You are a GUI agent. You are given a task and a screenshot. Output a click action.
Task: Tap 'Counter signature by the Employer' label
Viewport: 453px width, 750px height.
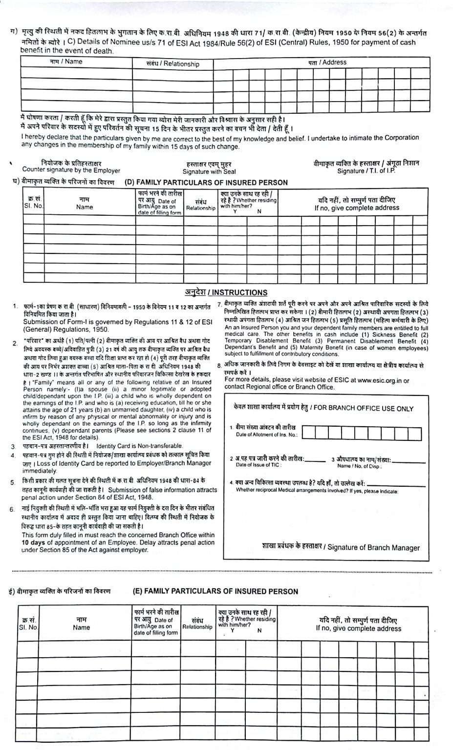[71, 170]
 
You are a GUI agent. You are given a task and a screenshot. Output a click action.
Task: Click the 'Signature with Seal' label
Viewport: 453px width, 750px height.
[209, 171]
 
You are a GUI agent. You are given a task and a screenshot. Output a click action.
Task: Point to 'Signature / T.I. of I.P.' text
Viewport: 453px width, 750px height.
[366, 171]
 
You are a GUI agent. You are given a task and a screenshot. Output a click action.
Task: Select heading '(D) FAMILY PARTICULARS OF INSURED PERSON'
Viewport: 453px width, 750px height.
[206, 183]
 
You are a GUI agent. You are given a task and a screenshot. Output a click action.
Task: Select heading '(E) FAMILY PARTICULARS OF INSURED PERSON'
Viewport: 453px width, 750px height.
[215, 591]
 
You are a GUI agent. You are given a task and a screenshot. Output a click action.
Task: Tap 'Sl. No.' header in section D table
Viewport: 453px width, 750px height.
[34, 206]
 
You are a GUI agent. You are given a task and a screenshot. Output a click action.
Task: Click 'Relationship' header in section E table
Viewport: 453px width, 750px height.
[197, 627]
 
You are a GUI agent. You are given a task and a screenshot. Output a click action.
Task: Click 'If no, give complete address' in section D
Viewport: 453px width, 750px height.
[357, 208]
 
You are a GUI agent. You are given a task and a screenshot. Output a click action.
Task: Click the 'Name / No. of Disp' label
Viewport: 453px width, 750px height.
[359, 466]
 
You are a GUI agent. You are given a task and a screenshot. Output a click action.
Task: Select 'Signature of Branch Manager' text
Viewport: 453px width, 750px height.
[373, 547]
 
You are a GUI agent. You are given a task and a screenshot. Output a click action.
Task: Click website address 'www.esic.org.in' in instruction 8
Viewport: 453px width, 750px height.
[380, 380]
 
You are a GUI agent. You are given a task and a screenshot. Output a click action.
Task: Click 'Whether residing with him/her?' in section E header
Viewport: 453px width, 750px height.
[248, 622]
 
